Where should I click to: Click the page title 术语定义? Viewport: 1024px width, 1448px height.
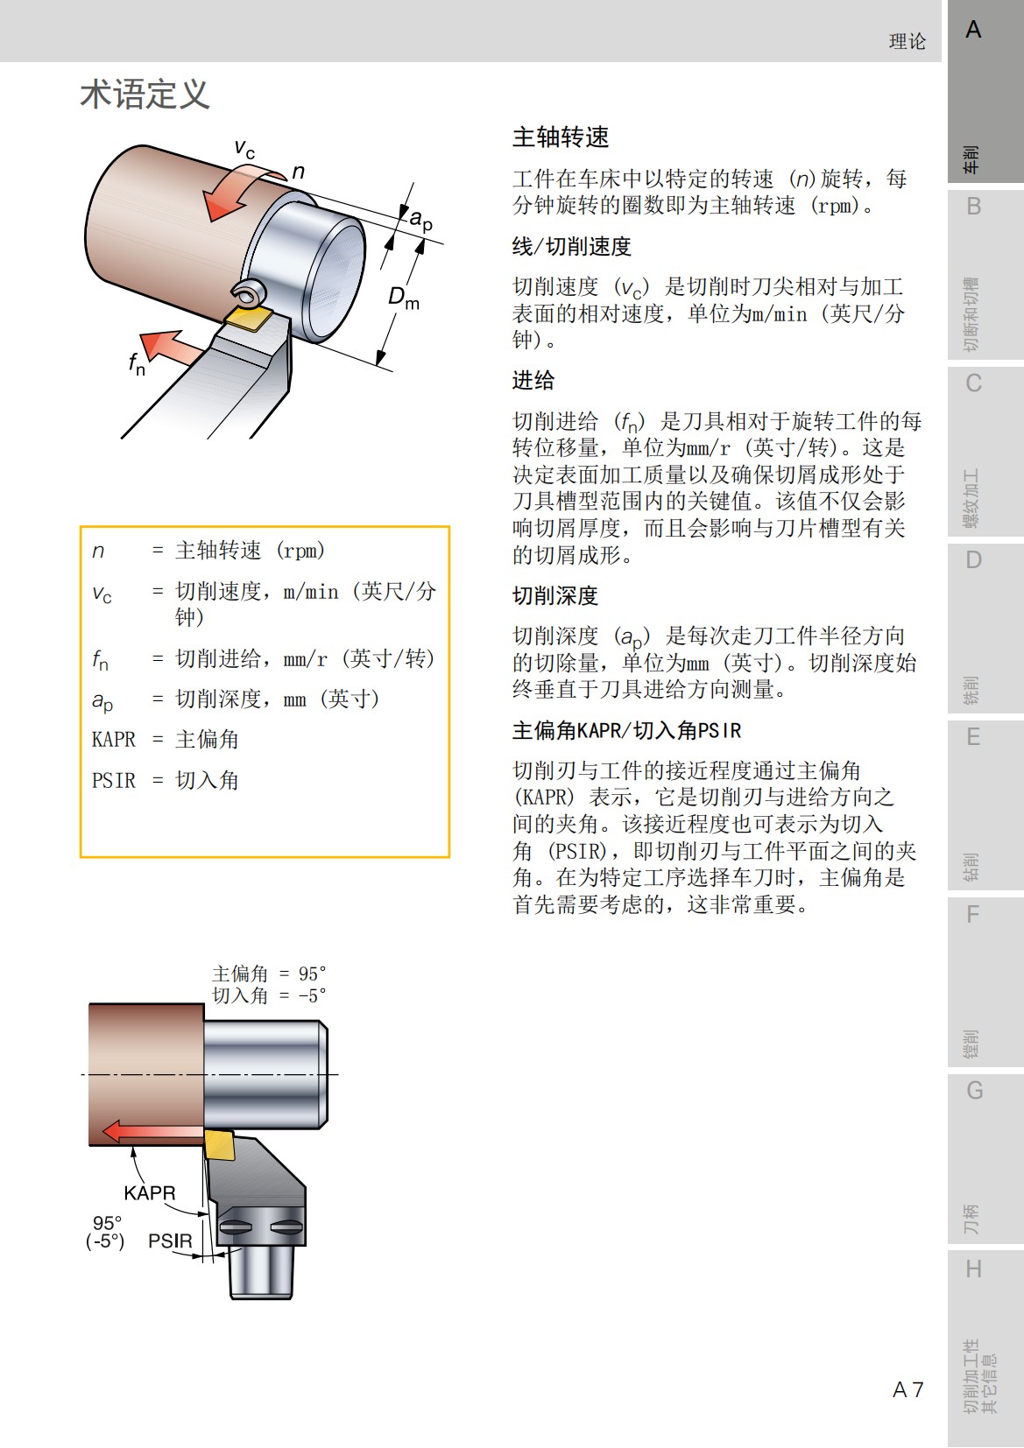145,95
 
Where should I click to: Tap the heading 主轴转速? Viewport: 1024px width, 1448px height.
561,137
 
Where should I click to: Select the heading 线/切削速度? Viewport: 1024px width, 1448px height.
571,247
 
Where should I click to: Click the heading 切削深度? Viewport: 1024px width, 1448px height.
554,596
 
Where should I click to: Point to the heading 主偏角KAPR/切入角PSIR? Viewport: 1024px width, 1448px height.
626,731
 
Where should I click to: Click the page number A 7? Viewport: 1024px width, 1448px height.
907,1389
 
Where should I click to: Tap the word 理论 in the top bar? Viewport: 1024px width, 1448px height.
907,41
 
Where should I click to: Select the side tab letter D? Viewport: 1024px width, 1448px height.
973,560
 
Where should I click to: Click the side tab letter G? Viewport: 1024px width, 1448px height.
974,1091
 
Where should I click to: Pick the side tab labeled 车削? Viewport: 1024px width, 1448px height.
971,159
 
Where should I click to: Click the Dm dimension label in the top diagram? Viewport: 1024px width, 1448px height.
404,298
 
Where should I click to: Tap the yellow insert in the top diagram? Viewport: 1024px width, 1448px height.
250,318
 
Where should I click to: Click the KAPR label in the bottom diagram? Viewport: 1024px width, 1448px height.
149,1193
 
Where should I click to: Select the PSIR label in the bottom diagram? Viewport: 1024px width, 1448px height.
170,1241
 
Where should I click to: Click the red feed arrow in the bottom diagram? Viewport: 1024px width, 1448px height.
149,1131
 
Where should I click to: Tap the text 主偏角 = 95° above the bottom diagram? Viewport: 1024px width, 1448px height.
269,974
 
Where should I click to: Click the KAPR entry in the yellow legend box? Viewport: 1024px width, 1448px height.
114,740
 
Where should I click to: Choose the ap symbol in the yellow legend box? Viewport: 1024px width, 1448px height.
102,700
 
